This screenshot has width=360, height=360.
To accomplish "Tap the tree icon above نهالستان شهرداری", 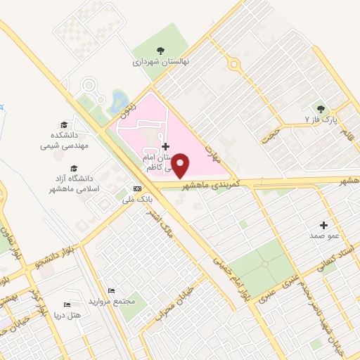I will click(161, 50).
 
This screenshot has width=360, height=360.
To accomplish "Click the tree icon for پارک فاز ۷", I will click(322, 109).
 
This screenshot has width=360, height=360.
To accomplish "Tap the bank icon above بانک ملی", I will click(137, 188).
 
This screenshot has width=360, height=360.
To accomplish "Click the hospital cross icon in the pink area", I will click(165, 146).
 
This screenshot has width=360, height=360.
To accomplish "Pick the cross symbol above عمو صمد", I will click(323, 225).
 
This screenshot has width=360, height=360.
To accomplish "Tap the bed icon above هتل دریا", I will click(67, 304).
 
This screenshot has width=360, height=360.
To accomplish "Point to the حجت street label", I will click(269, 134).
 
